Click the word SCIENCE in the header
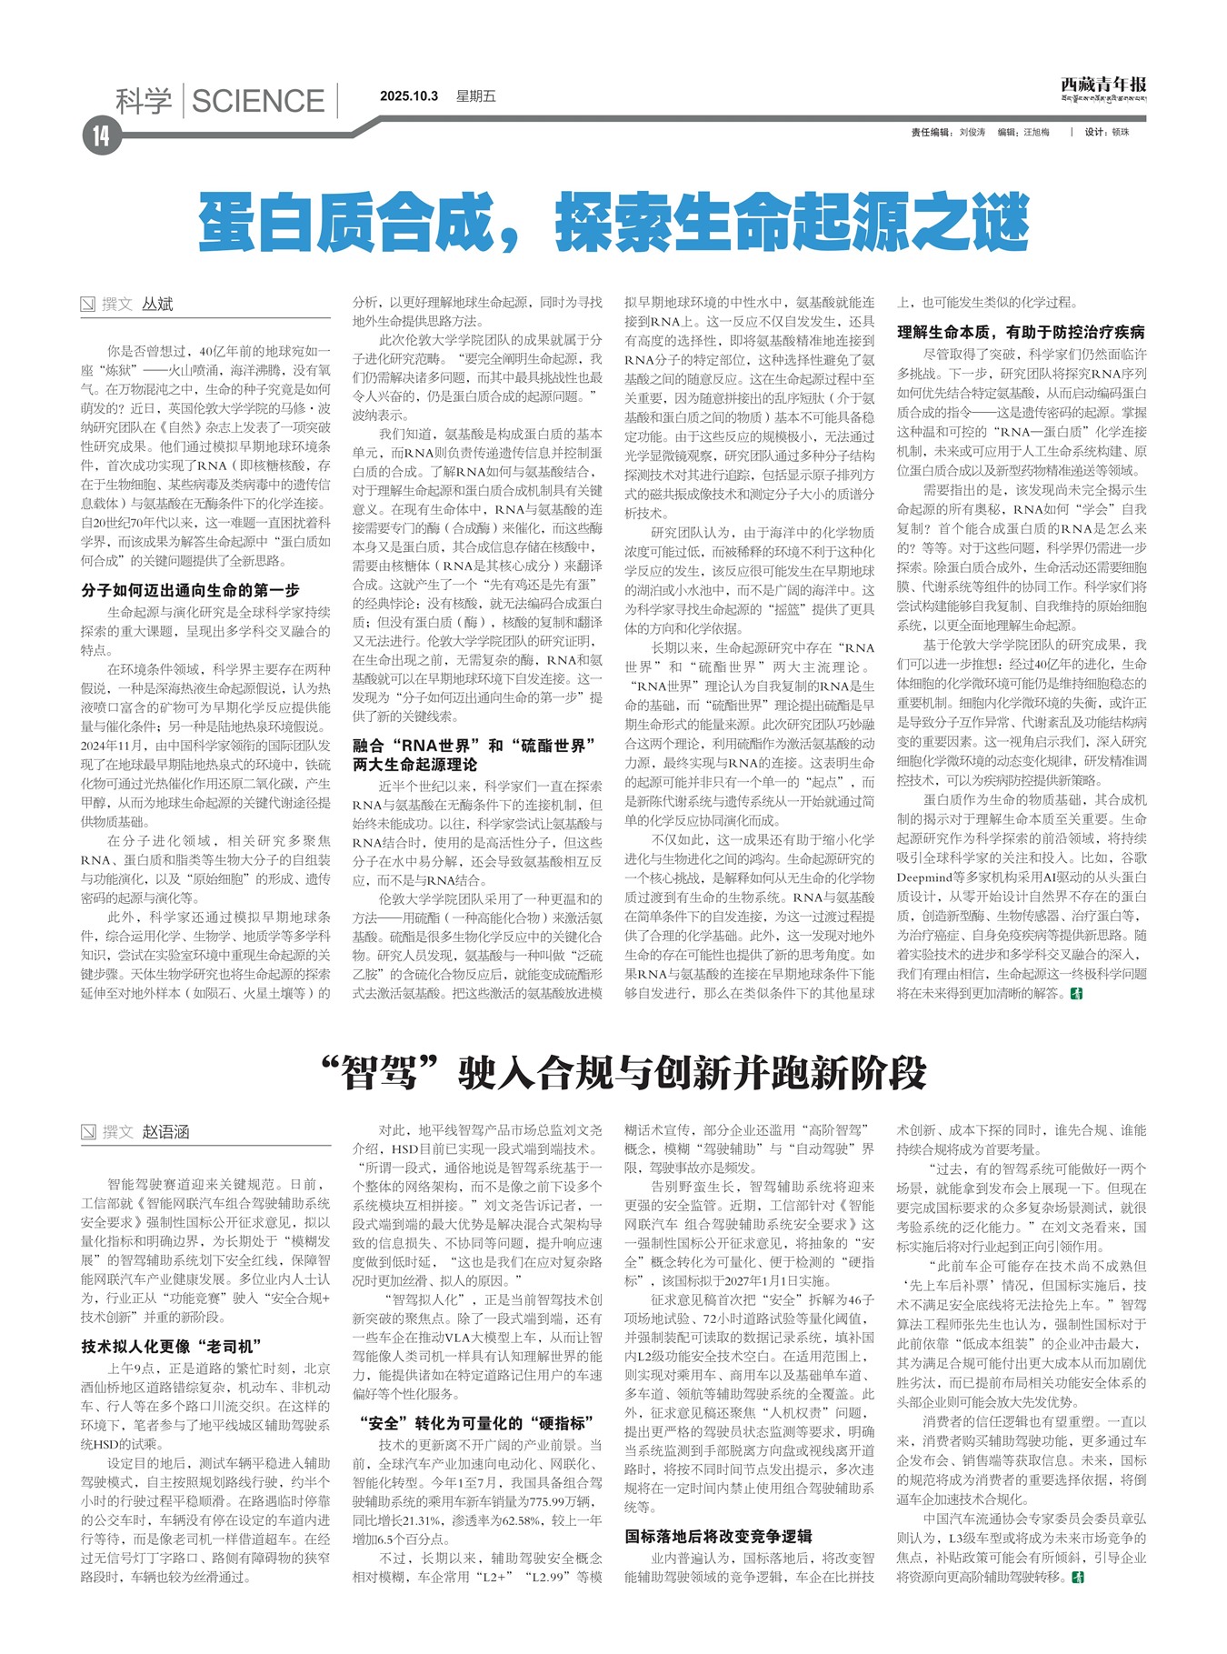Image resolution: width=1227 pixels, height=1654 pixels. [x=258, y=101]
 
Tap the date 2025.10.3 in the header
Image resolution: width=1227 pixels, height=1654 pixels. [x=409, y=96]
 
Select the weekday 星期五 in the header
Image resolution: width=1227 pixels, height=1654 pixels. [x=476, y=96]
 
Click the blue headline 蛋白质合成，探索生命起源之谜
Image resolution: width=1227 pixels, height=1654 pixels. [x=613, y=221]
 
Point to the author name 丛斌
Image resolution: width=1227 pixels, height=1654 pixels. [x=157, y=304]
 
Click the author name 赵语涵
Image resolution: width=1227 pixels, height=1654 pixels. [x=165, y=1132]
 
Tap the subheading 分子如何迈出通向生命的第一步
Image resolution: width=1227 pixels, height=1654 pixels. [x=190, y=590]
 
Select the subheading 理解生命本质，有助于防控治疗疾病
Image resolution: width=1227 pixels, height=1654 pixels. [x=1021, y=332]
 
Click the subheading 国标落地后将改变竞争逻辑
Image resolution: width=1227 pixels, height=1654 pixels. [x=718, y=1536]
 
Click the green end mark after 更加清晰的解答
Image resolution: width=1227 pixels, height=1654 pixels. [x=1078, y=994]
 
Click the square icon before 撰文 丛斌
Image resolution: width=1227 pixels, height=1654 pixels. [x=88, y=305]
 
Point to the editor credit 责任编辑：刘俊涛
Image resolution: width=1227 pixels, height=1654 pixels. [x=948, y=133]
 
